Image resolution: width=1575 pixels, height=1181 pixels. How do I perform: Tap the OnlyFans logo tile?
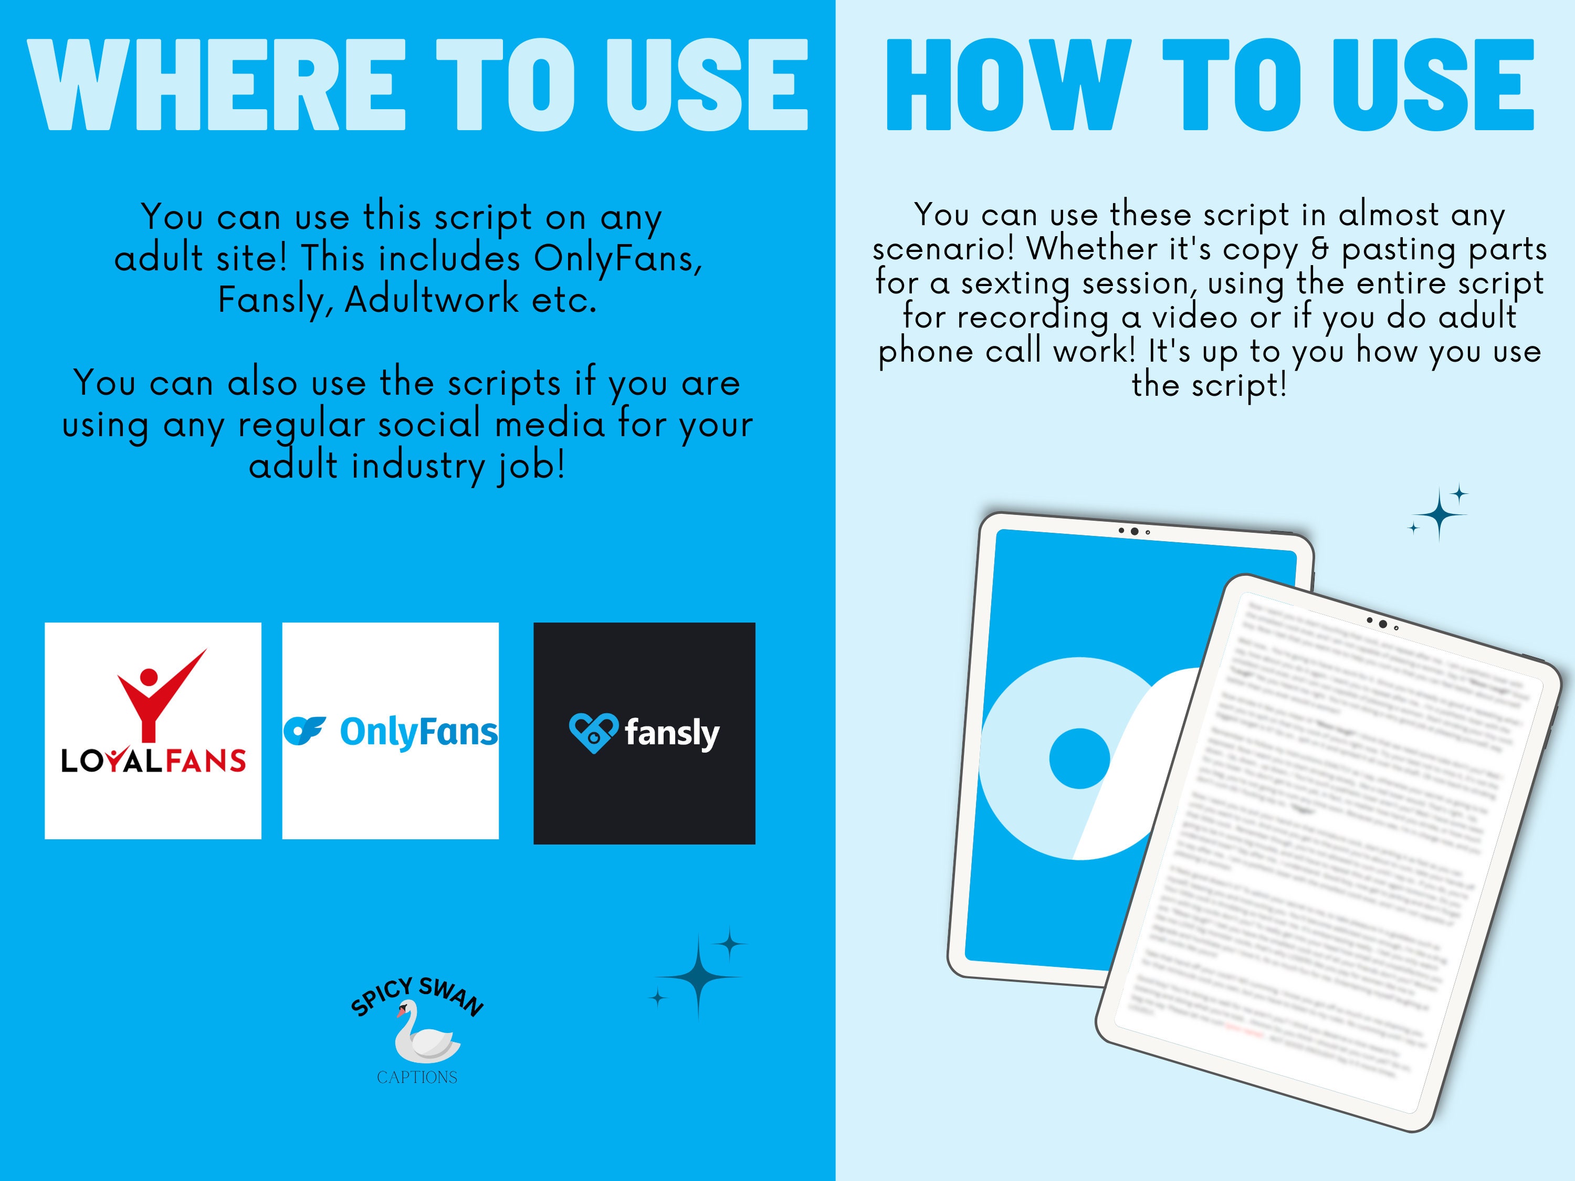(x=390, y=731)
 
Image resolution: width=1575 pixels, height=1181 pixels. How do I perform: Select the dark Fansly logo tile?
(x=644, y=733)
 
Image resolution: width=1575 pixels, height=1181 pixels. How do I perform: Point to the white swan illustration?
(x=425, y=1032)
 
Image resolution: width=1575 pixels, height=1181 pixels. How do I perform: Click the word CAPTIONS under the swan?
(x=417, y=1077)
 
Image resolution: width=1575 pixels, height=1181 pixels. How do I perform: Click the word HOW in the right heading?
(x=1007, y=86)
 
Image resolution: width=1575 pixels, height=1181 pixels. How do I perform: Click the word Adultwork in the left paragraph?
(x=432, y=300)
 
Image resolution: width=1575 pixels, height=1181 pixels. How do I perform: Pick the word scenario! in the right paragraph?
(x=943, y=248)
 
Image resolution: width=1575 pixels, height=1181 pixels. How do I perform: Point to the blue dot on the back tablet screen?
(x=1079, y=758)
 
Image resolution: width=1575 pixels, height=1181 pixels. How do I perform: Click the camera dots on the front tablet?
(x=1382, y=624)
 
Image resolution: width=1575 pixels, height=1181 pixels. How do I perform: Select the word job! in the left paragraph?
(x=530, y=466)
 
